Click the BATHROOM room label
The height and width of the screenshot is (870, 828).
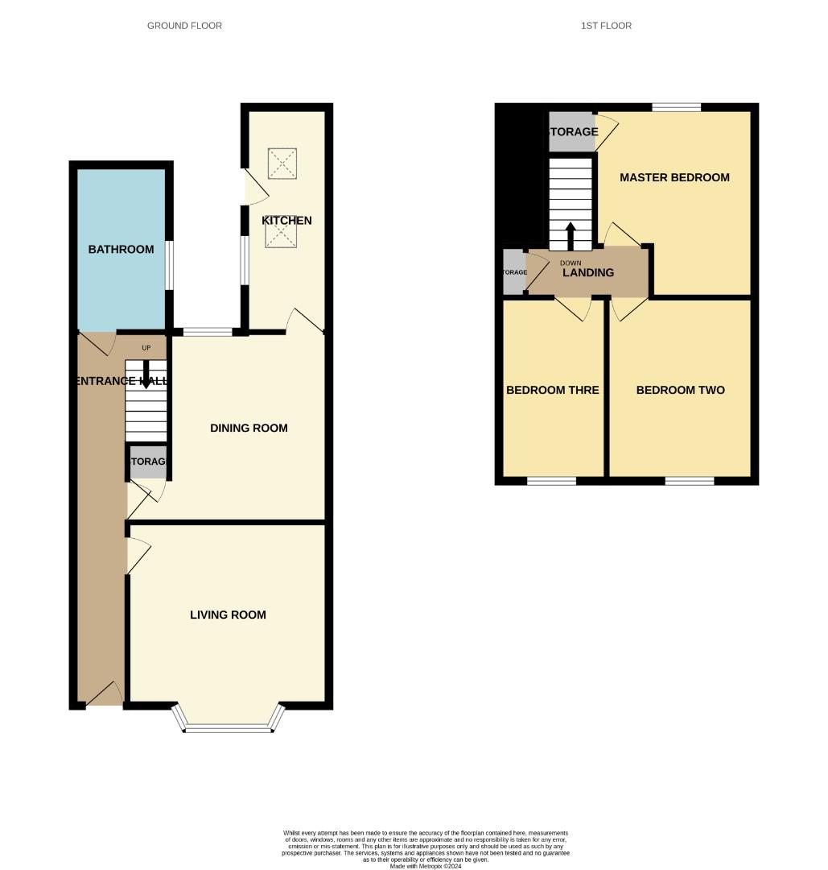[x=121, y=249]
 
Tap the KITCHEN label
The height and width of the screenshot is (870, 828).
[x=286, y=221]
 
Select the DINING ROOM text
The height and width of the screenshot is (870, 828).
[x=249, y=428]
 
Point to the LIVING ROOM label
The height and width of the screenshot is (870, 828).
[x=228, y=615]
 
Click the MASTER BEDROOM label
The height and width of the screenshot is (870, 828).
[x=674, y=177]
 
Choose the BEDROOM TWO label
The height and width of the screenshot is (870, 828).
[x=680, y=390]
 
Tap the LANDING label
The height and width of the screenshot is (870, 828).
[x=587, y=272]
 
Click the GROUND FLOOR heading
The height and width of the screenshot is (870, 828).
[x=184, y=26]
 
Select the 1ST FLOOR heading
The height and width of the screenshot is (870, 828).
[x=606, y=26]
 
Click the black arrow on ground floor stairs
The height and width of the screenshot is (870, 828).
[x=146, y=378]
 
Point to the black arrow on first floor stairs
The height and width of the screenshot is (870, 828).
[x=571, y=236]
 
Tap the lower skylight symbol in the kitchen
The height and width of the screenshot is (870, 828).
[x=282, y=234]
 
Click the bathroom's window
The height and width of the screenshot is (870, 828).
[x=169, y=265]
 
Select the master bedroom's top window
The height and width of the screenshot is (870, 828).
[x=676, y=107]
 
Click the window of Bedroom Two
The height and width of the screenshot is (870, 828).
[x=690, y=481]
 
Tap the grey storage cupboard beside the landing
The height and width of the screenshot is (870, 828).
[x=514, y=271]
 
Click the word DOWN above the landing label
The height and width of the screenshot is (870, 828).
[x=571, y=263]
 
